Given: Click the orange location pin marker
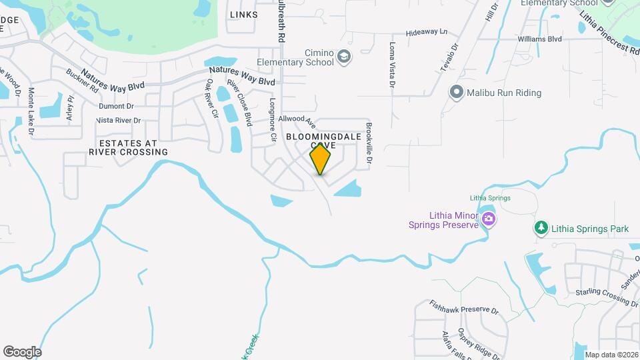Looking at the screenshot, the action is coord(321,159).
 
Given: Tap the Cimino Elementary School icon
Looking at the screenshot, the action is coord(343,56).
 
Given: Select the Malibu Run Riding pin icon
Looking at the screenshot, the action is coord(456,93).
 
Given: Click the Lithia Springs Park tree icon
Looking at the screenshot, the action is coord(541,228).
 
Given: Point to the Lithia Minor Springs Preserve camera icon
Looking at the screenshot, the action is coord(489,219).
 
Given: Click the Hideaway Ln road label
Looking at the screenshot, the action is coord(427,32).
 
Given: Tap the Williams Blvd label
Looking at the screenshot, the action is coord(540,39).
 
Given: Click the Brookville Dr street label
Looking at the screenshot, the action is coord(368,143).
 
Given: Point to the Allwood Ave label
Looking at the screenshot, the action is coord(297,121).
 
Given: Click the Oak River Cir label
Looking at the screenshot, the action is coord(212,98).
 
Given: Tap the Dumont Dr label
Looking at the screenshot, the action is coord(116,106).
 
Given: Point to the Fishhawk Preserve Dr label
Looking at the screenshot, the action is coord(464,309).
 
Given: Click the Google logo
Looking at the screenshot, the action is coord(22,351).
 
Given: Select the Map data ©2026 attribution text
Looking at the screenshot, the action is coord(611,355).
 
